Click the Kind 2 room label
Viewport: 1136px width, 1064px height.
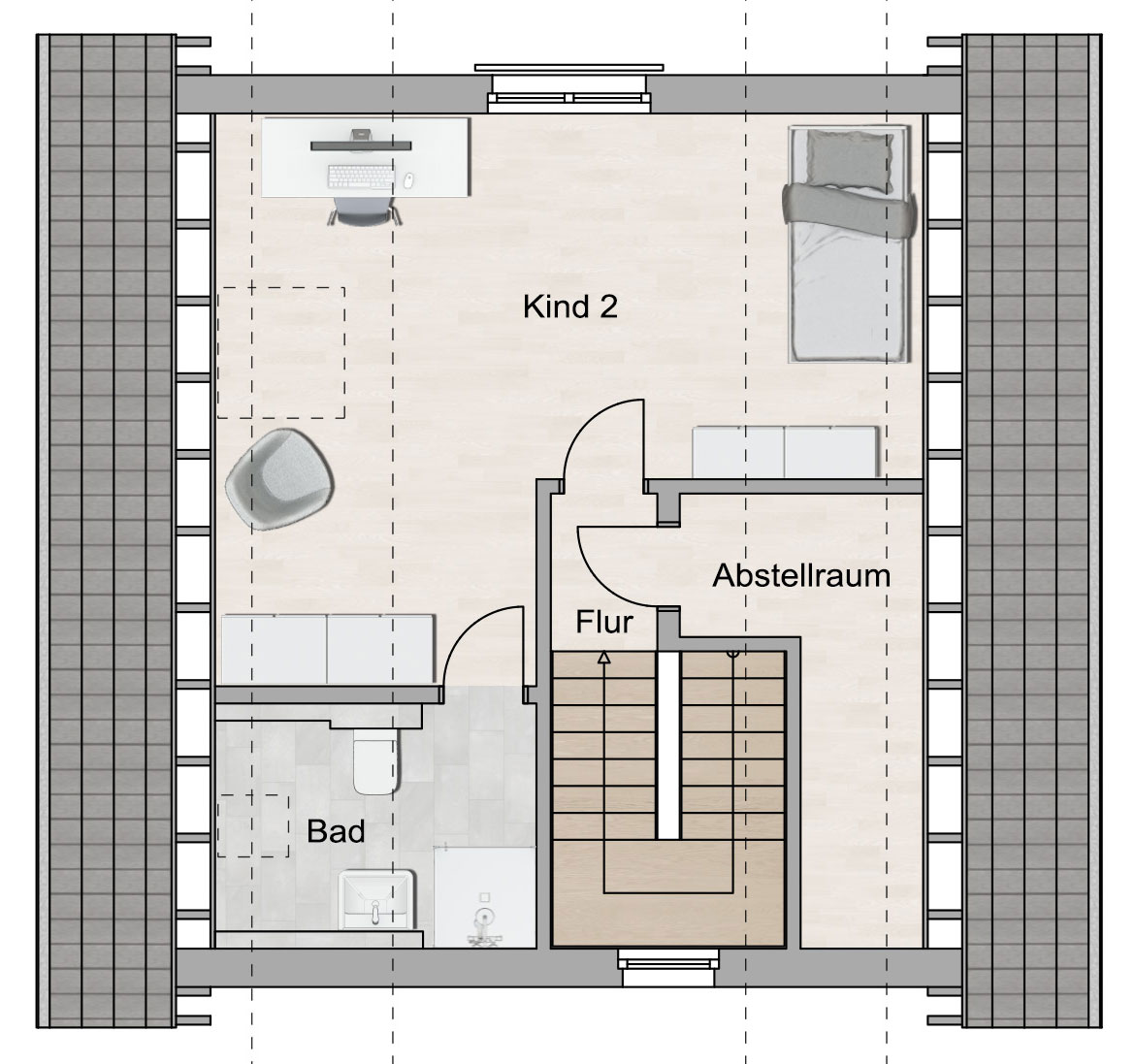pyautogui.click(x=570, y=307)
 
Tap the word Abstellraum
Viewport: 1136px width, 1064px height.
pyautogui.click(x=801, y=576)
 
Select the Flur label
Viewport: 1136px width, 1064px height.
pyautogui.click(x=604, y=622)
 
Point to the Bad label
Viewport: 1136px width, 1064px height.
pyautogui.click(x=336, y=831)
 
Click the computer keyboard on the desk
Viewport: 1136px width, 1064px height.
pyautogui.click(x=361, y=176)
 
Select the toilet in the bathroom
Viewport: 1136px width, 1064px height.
pyautogui.click(x=376, y=760)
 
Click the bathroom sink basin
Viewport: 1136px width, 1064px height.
pyautogui.click(x=376, y=899)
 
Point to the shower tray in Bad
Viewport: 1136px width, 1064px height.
pyautogui.click(x=485, y=896)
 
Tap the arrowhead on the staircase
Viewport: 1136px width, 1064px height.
pyautogui.click(x=603, y=657)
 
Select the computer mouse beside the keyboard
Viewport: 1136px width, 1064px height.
pyautogui.click(x=407, y=180)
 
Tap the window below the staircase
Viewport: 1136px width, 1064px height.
pyautogui.click(x=668, y=967)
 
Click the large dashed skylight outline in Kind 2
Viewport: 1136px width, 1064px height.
pyautogui.click(x=281, y=353)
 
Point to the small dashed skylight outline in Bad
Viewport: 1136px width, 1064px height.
pyautogui.click(x=253, y=826)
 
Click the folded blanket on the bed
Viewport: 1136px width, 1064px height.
pyautogui.click(x=849, y=210)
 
